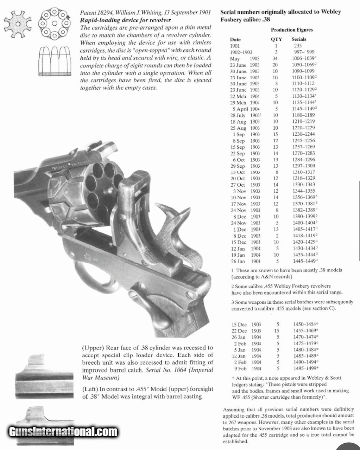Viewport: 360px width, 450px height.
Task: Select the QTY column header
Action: click(276, 39)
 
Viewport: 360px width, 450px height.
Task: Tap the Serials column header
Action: click(299, 39)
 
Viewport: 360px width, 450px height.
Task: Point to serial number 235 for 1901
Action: click(298, 46)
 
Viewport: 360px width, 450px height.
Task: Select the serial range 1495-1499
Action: click(305, 368)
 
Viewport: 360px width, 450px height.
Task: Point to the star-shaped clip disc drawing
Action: click(17, 24)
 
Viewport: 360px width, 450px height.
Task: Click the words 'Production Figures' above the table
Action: click(292, 30)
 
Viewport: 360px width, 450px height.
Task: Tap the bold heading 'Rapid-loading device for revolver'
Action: click(126, 20)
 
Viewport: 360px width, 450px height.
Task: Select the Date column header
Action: click(235, 39)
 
